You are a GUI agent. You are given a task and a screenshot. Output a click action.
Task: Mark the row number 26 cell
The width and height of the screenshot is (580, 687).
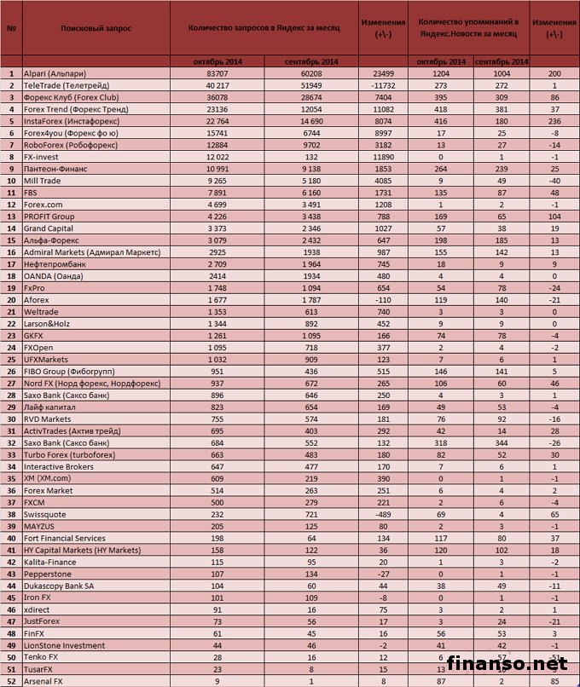(12, 372)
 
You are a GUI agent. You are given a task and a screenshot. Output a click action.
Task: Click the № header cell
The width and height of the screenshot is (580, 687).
(12, 28)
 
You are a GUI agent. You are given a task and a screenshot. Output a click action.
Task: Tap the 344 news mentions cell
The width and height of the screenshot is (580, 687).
(501, 442)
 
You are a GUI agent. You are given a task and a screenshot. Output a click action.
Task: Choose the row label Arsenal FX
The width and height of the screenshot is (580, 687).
(47, 681)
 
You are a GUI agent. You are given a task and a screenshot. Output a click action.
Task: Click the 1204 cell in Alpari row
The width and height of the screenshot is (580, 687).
(441, 74)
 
